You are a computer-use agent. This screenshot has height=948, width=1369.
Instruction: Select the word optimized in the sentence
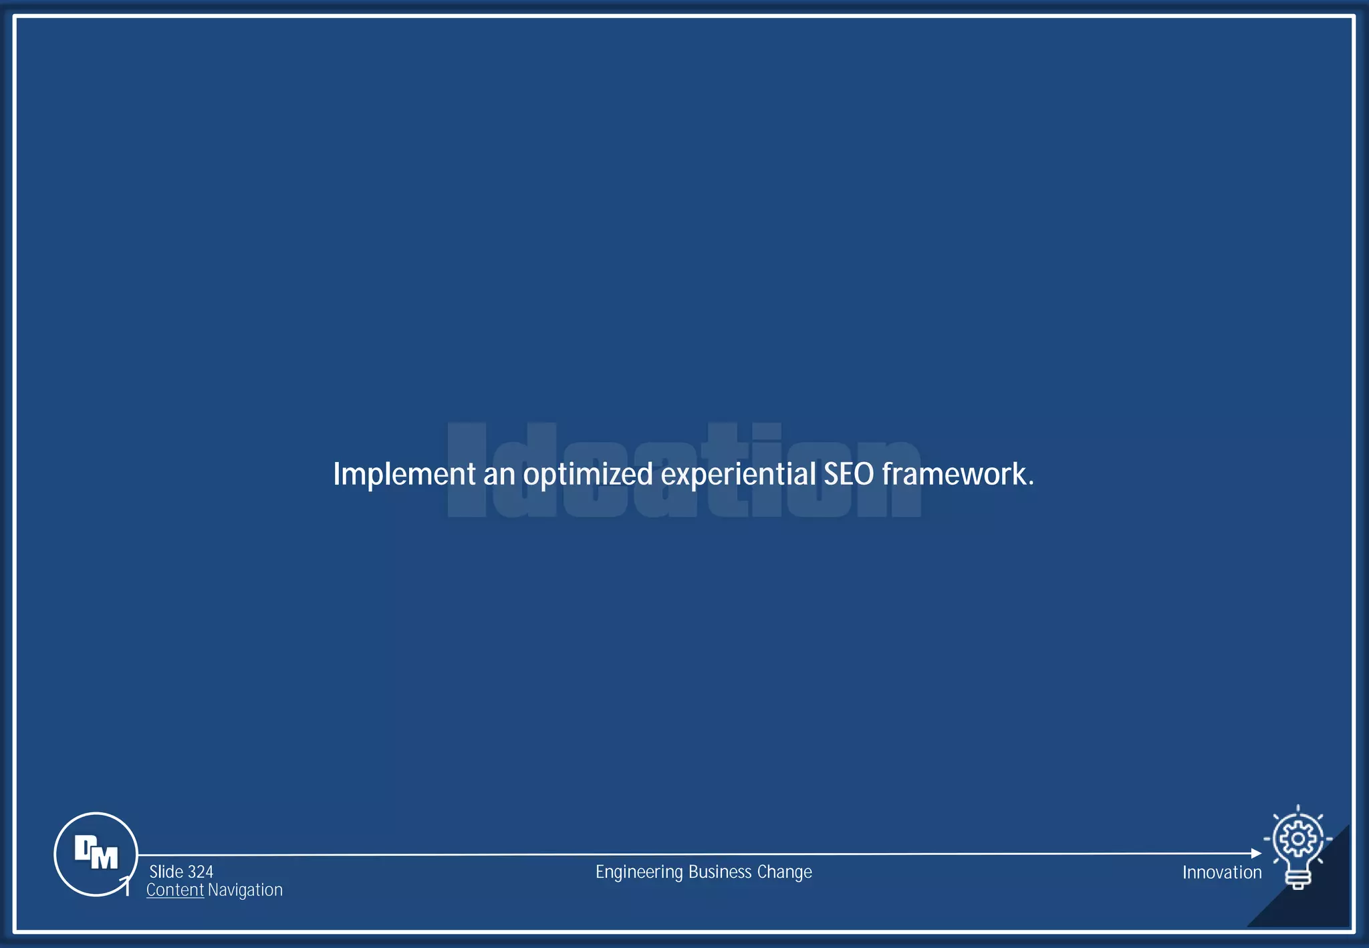[x=588, y=475]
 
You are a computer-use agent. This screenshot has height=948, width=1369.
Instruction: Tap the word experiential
[x=738, y=475]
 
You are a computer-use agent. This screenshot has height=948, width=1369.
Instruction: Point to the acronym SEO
[x=848, y=474]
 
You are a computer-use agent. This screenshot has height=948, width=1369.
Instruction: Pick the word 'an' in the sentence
[x=499, y=475]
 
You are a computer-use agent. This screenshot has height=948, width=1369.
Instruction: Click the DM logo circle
[x=96, y=854]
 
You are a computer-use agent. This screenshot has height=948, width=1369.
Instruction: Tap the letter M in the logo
[x=104, y=858]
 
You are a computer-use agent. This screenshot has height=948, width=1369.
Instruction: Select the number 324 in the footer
[x=201, y=872]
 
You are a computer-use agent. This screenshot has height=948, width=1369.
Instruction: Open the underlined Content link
[x=175, y=890]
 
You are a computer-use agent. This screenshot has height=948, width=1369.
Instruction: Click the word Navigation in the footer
[x=245, y=890]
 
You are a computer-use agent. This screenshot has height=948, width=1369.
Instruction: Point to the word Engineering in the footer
[x=639, y=872]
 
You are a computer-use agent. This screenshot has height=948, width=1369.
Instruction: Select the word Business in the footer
[x=720, y=872]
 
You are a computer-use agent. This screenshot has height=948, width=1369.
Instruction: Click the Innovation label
[x=1221, y=872]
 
